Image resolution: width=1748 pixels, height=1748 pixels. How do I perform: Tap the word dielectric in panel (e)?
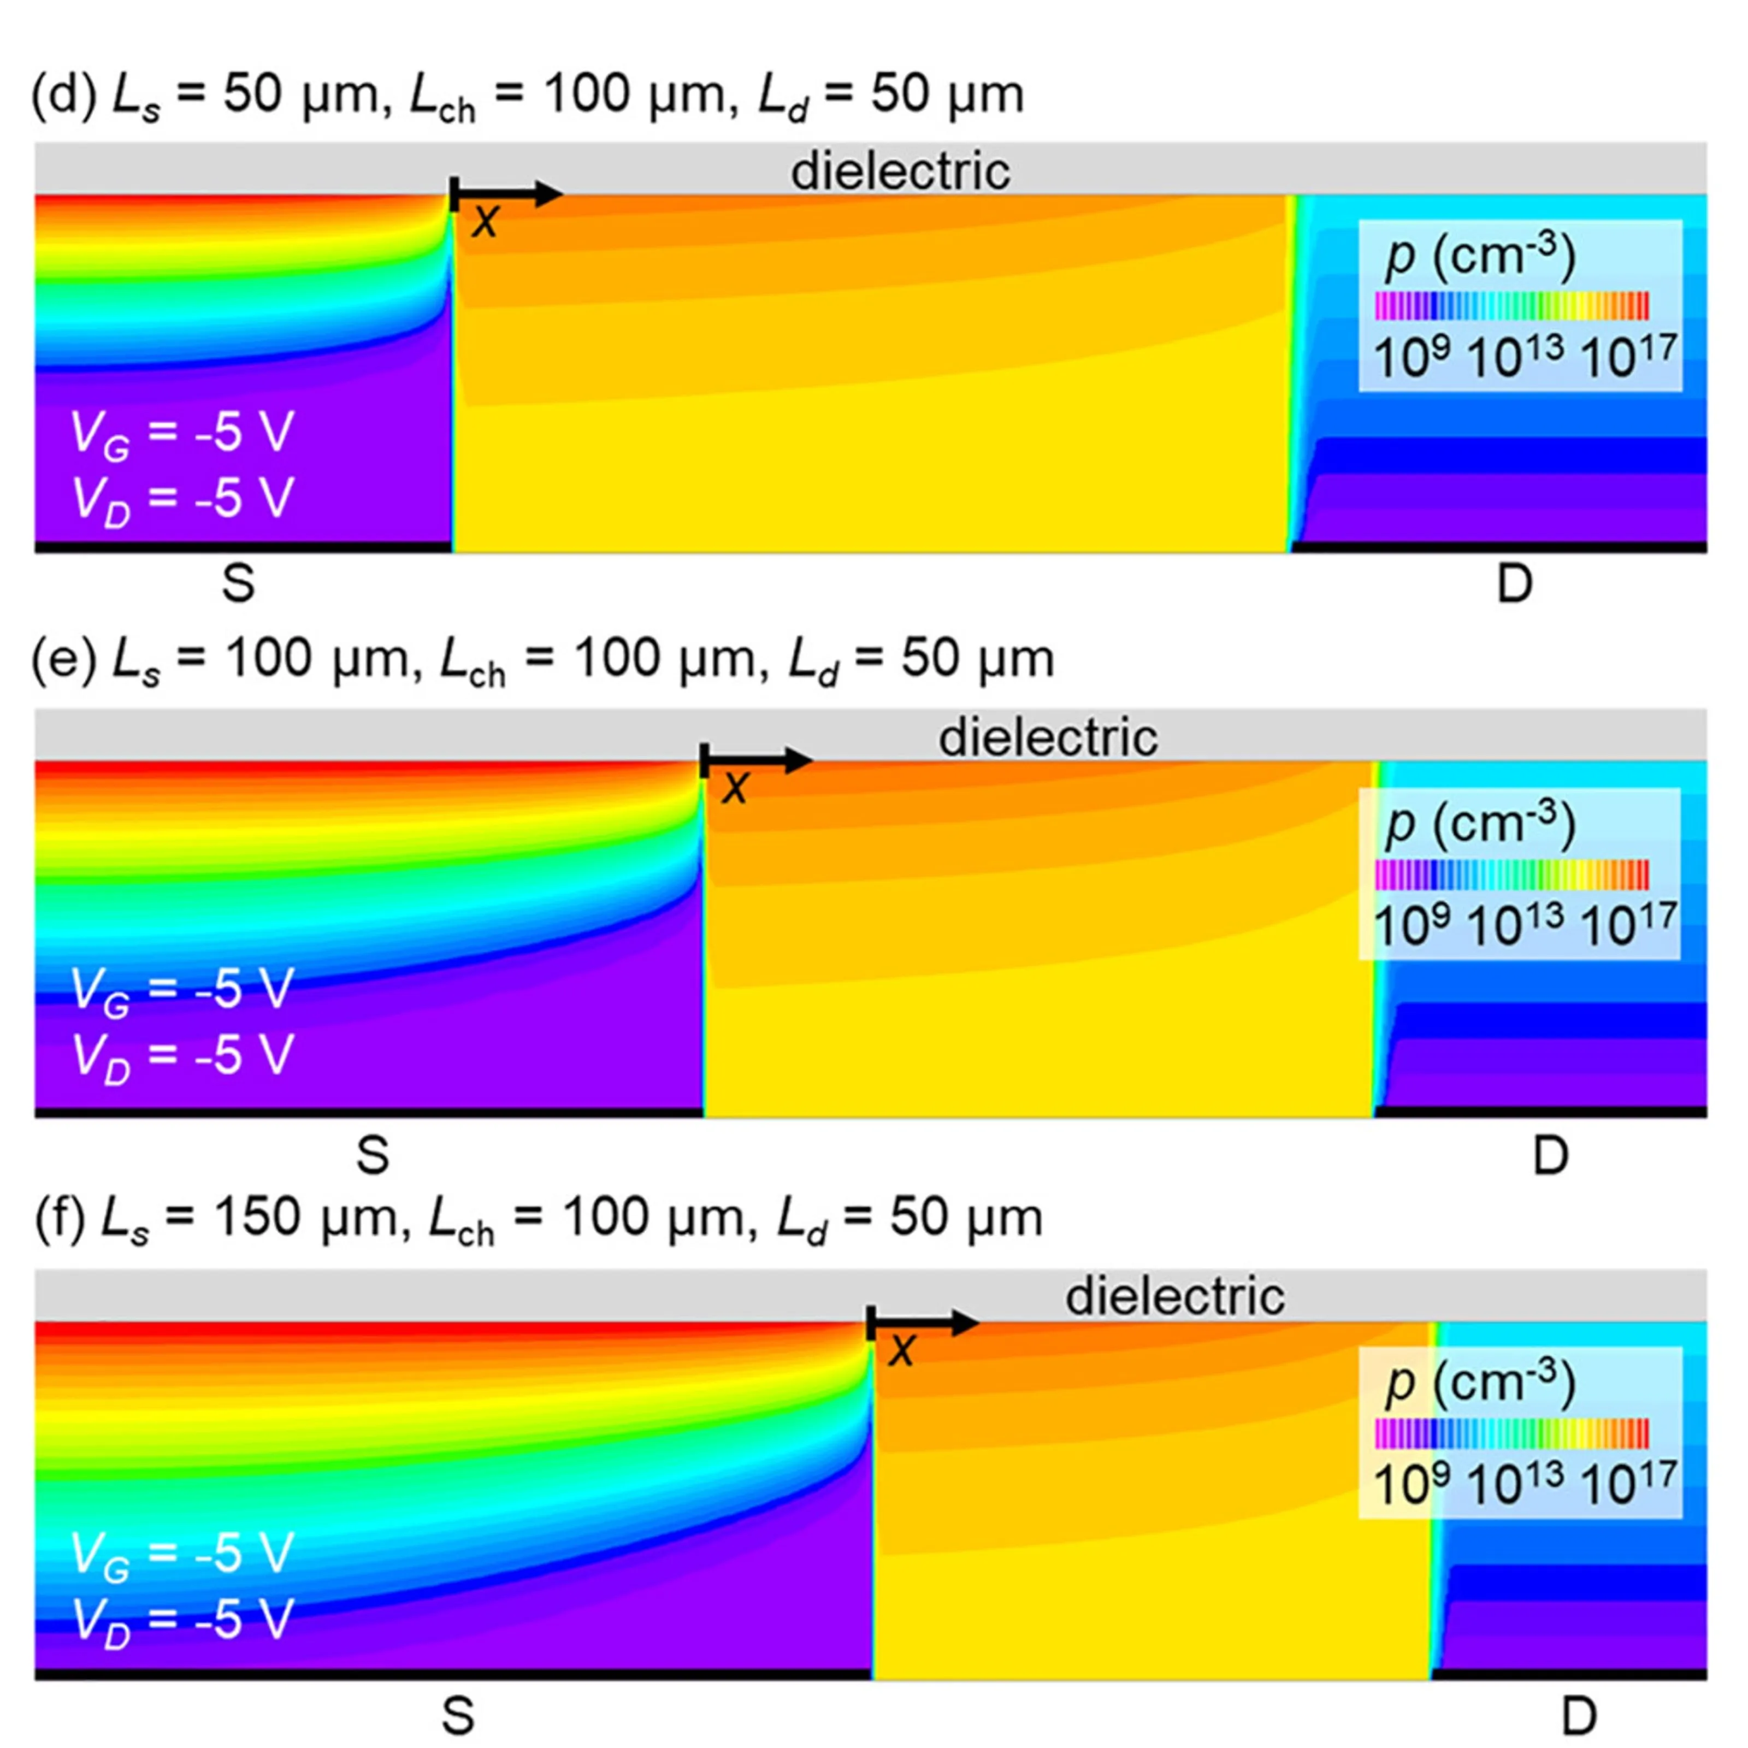pyautogui.click(x=1048, y=737)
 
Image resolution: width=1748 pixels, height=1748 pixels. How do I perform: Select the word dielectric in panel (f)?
pyautogui.click(x=1174, y=1296)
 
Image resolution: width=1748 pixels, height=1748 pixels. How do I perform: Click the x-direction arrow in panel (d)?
pyautogui.click(x=507, y=193)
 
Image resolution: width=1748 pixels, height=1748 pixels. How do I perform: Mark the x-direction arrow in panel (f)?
pyautogui.click(x=923, y=1324)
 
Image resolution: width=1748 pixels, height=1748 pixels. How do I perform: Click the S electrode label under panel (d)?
pyautogui.click(x=239, y=583)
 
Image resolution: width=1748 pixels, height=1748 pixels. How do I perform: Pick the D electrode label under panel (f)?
pyautogui.click(x=1579, y=1715)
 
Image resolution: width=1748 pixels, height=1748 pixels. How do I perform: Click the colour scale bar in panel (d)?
pyautogui.click(x=1511, y=306)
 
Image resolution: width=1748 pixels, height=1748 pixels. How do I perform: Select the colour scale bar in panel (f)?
pyautogui.click(x=1511, y=1433)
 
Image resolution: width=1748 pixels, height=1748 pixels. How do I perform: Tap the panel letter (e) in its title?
pyautogui.click(x=63, y=659)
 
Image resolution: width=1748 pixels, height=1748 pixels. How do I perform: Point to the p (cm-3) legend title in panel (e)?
pyautogui.click(x=1480, y=823)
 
